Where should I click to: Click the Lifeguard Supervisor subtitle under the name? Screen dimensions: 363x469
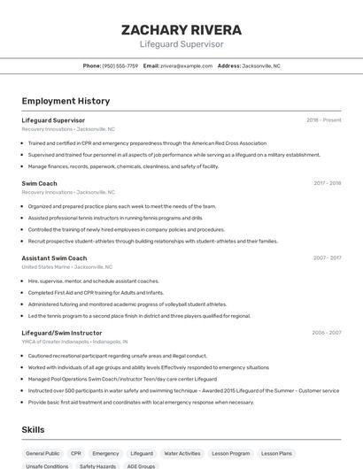tap(181, 44)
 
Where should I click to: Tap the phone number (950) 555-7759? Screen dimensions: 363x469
tap(120, 65)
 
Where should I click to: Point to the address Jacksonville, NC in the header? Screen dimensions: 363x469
tap(261, 65)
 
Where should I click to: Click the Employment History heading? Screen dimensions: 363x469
tap(66, 101)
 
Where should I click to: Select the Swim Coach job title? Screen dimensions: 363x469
tap(40, 183)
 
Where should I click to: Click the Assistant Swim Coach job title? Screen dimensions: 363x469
tap(54, 258)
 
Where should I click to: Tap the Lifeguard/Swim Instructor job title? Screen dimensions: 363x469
tap(62, 333)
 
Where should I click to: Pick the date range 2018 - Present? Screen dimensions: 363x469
tap(324, 120)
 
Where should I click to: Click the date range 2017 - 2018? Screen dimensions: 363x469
tap(327, 183)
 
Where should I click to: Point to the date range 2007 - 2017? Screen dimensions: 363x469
tap(327, 258)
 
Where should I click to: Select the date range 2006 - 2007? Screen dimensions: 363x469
tap(327, 333)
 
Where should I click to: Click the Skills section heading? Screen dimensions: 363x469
tap(34, 429)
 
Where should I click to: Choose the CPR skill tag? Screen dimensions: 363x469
tap(76, 453)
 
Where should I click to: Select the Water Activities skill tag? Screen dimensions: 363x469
tap(182, 453)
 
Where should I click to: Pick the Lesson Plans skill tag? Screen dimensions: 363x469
tap(276, 453)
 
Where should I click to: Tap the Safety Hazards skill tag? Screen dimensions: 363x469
tap(97, 465)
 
